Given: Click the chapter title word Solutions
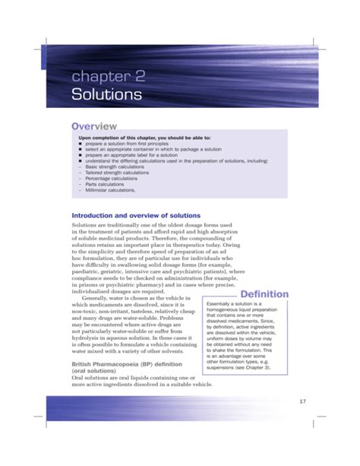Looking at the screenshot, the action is [106, 94].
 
